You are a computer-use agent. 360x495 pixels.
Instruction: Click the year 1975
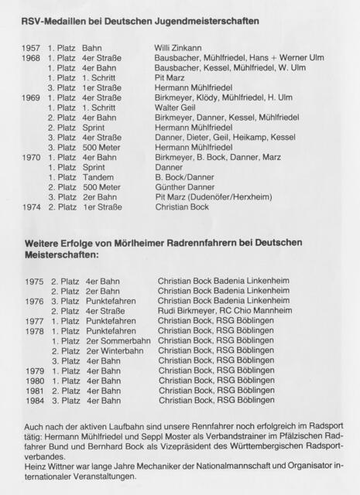click(34, 282)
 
